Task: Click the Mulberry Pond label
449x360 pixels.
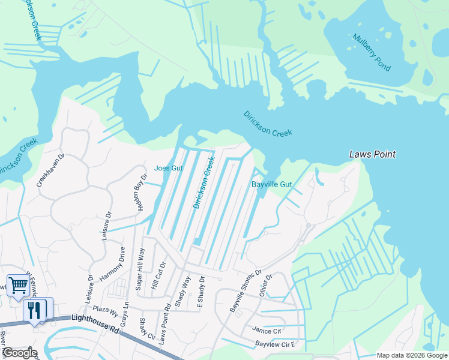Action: coord(371,52)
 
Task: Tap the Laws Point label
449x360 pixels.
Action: coord(373,155)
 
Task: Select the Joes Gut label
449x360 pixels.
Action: coord(168,168)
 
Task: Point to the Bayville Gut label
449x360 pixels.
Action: coord(271,185)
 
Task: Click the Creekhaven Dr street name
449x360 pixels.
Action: coord(50,169)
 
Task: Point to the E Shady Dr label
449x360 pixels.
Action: coord(202,294)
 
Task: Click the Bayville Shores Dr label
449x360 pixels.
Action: coord(246,290)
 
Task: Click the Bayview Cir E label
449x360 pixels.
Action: coord(276,344)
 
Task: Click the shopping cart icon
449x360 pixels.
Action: coord(17,286)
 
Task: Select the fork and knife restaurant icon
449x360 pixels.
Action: coord(34,310)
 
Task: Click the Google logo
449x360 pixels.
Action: coord(20,353)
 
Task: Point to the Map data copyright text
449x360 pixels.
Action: coord(411,355)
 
